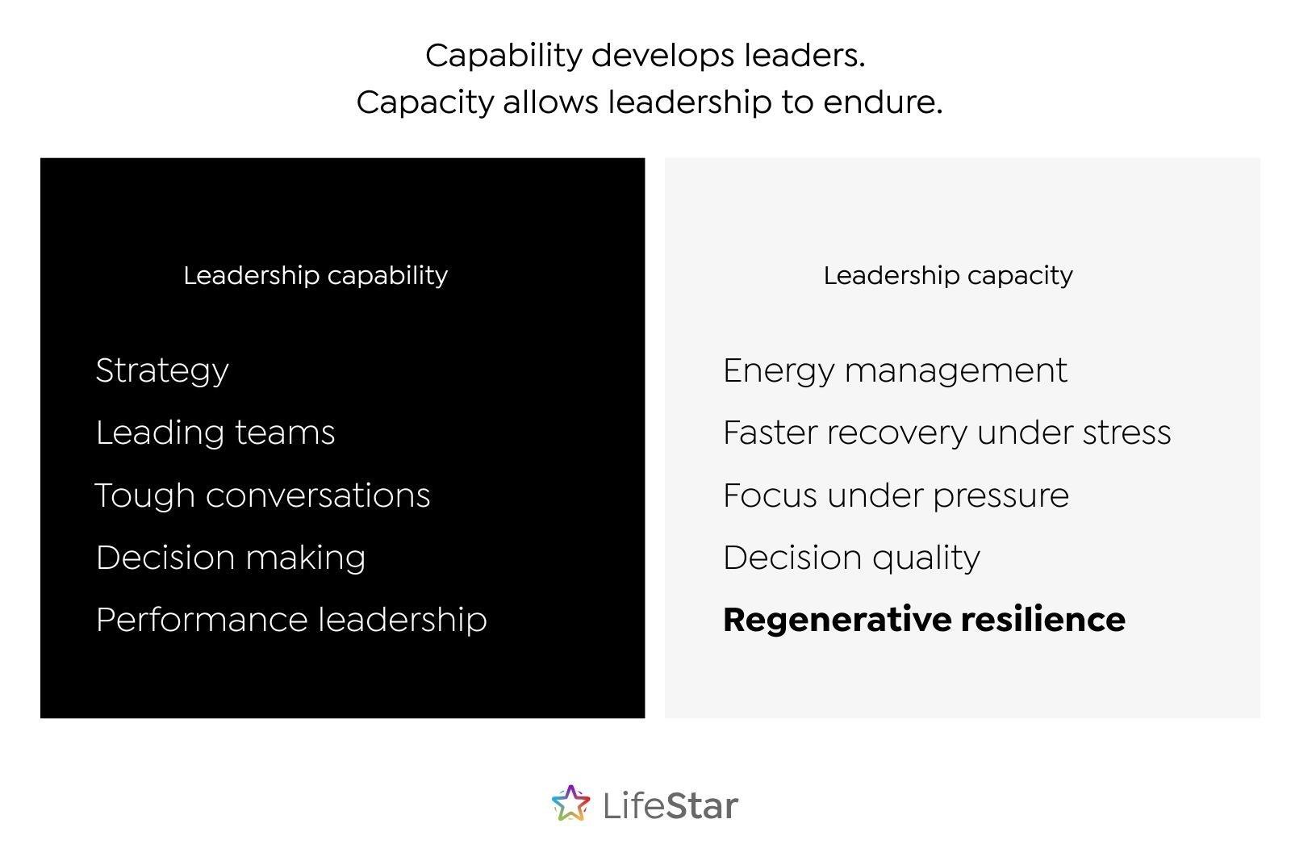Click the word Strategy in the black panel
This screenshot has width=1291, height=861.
tap(162, 370)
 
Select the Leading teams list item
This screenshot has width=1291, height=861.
tap(215, 433)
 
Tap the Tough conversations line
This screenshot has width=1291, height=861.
tap(262, 495)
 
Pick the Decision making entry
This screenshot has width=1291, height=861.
tap(231, 558)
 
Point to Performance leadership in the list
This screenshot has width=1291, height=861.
tap(291, 620)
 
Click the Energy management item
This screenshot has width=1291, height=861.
tap(895, 370)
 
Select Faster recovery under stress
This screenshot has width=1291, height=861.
tap(946, 433)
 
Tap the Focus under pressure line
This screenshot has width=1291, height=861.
tap(896, 495)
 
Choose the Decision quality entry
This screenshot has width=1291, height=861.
tap(851, 558)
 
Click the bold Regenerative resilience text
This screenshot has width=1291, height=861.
tap(924, 620)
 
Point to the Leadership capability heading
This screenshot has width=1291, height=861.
tap(315, 275)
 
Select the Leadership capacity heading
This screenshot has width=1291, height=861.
tap(948, 275)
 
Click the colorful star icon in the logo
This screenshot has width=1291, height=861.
tap(570, 804)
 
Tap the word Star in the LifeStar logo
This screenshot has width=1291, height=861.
tap(702, 805)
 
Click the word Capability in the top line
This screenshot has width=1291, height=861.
tap(503, 56)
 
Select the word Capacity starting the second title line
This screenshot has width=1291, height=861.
tap(424, 102)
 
